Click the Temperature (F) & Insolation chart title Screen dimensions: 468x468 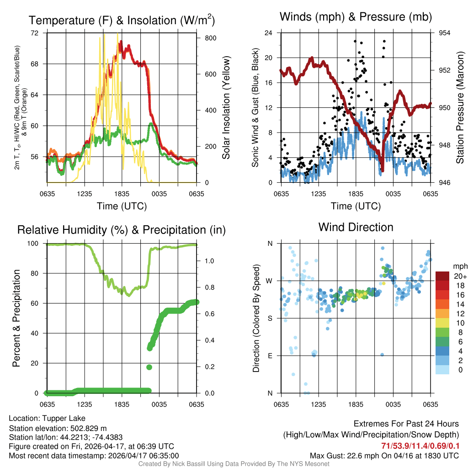tap(122, 20)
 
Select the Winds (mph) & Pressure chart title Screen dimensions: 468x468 tap(356, 17)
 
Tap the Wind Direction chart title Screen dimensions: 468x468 tap(356, 227)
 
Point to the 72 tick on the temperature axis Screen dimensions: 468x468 tap(35, 33)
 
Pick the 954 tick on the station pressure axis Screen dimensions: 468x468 tap(445, 33)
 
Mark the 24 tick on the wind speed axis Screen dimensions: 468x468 tap(269, 33)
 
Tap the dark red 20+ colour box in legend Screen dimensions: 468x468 tap(442, 276)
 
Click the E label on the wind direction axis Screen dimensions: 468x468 tap(270, 356)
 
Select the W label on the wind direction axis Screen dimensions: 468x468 tap(269, 281)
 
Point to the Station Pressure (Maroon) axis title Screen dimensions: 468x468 tap(460, 108)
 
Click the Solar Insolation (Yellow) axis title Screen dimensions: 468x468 tap(226, 108)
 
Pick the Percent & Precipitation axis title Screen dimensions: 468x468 tap(16, 318)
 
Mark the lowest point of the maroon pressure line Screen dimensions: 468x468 tap(382, 170)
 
